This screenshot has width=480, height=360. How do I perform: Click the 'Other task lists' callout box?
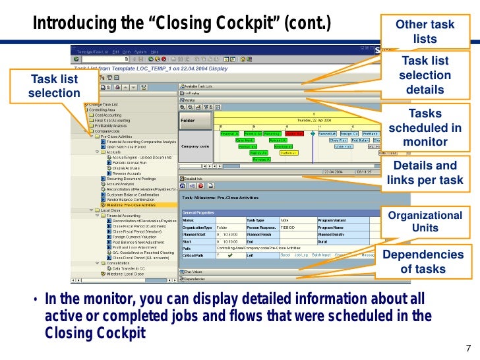[425, 32]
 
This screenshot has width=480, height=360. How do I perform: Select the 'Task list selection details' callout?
[425, 75]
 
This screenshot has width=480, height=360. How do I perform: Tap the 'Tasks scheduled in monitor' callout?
[425, 128]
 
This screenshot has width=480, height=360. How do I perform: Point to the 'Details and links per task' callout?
[425, 173]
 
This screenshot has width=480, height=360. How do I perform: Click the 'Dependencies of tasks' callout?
[425, 261]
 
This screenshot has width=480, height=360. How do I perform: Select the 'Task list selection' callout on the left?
[54, 86]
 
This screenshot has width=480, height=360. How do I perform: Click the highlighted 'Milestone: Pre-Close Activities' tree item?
[140, 205]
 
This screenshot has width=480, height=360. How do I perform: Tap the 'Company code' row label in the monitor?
[195, 146]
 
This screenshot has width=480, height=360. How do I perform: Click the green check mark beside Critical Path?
[229, 255]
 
